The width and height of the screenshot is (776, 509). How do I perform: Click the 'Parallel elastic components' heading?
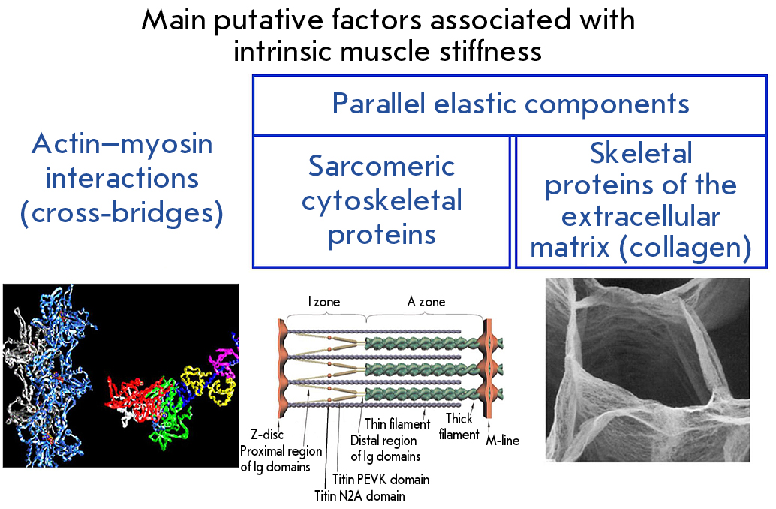pyautogui.click(x=510, y=104)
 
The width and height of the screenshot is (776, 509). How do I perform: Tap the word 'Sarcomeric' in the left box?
pyautogui.click(x=381, y=166)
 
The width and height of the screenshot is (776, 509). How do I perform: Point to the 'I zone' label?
pyautogui.click(x=324, y=302)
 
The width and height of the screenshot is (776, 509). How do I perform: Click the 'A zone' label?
pyautogui.click(x=426, y=302)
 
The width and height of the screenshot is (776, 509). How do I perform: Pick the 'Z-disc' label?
pyautogui.click(x=266, y=435)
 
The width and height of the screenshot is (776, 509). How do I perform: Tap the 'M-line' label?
pyautogui.click(x=502, y=440)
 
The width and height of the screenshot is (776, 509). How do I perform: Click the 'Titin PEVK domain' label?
pyautogui.click(x=380, y=479)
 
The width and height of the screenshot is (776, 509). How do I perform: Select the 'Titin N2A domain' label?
pyautogui.click(x=359, y=495)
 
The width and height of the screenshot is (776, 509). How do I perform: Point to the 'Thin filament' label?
pyautogui.click(x=398, y=424)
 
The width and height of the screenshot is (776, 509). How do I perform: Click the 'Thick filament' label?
pyautogui.click(x=459, y=426)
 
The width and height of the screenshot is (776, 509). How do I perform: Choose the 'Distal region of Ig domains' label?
pyautogui.click(x=385, y=449)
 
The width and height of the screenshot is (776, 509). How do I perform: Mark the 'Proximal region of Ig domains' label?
pyautogui.click(x=281, y=459)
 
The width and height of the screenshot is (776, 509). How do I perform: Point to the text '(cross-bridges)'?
pyautogui.click(x=122, y=213)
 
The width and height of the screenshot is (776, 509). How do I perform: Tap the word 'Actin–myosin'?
pyautogui.click(x=122, y=144)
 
